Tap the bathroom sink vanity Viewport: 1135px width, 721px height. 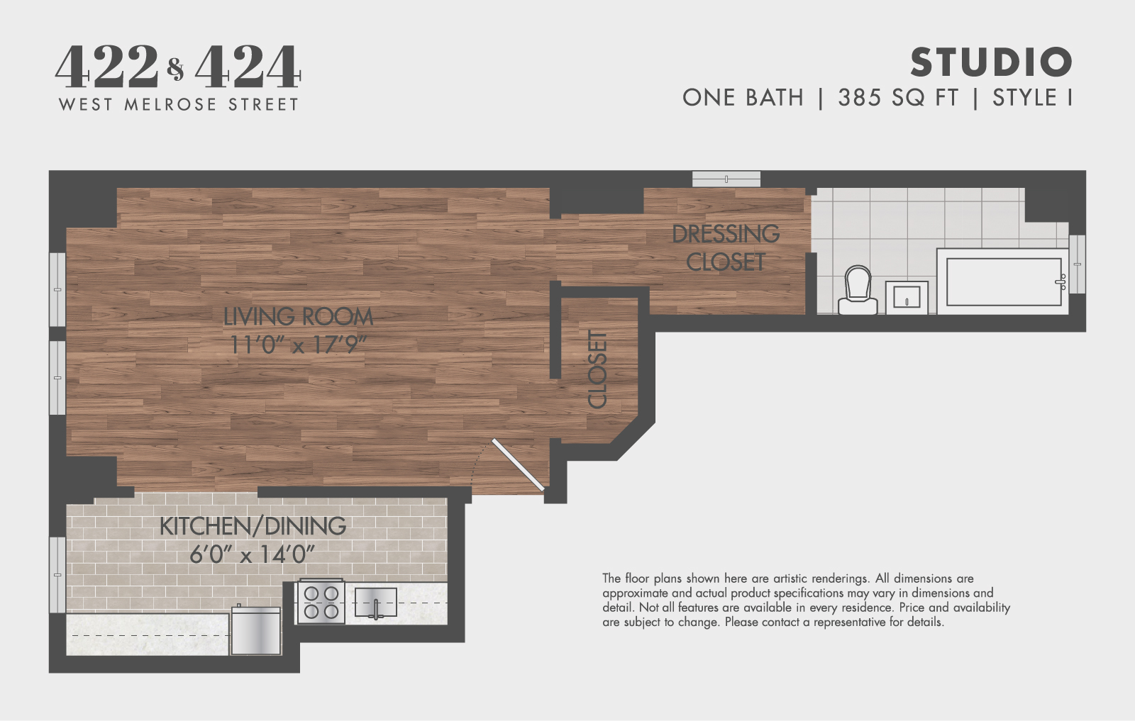(907, 297)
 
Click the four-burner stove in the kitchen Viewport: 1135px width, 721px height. (321, 602)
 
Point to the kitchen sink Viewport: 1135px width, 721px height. (375, 603)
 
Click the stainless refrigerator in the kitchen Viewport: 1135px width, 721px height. (256, 630)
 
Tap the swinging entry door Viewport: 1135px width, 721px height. (519, 465)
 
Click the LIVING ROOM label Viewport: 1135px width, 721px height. (298, 317)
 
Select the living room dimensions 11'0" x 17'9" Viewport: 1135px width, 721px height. (298, 345)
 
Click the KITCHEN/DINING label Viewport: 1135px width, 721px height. (253, 526)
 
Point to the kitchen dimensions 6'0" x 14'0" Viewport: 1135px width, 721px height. (252, 554)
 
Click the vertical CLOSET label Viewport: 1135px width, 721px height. (598, 369)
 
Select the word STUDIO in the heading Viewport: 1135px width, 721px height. (991, 62)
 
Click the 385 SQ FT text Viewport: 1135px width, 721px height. (897, 98)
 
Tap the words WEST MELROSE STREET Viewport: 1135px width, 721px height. (179, 105)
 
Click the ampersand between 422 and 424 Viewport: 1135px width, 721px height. (176, 69)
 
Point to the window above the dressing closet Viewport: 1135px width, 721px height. (726, 179)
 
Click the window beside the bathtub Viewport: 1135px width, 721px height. (1077, 264)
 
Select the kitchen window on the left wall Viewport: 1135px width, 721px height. (57, 574)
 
